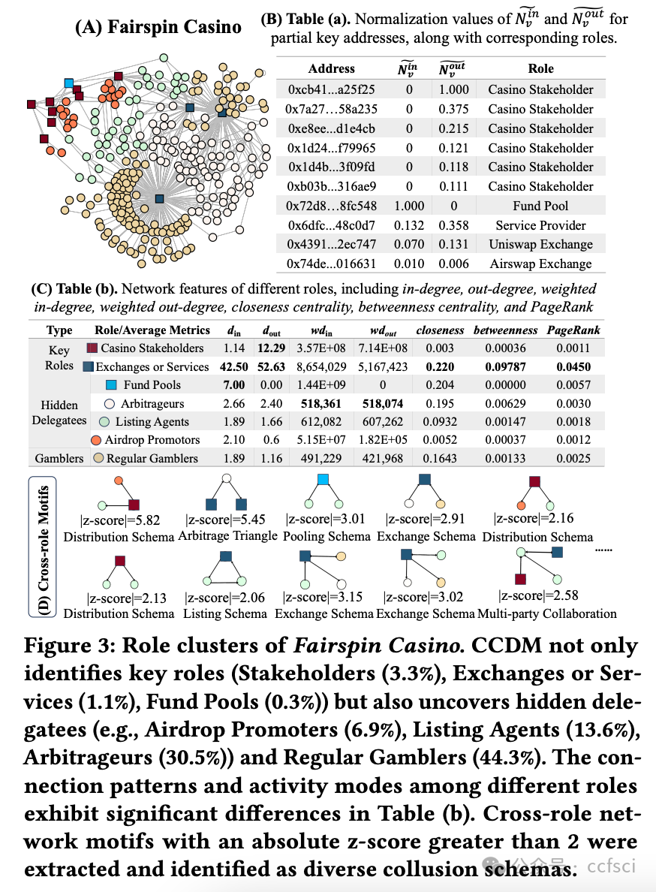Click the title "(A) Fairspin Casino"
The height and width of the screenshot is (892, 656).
click(x=158, y=29)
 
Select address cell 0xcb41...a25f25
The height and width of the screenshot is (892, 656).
click(x=331, y=89)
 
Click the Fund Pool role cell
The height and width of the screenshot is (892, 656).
click(x=540, y=206)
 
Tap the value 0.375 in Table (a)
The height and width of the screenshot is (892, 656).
click(x=455, y=109)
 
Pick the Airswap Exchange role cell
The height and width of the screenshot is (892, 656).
click(x=540, y=264)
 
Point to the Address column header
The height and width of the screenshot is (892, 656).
click(x=331, y=68)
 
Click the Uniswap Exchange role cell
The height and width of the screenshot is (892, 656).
click(x=540, y=244)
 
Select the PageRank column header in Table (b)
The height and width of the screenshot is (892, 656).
click(x=573, y=330)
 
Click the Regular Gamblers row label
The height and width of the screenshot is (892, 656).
click(x=152, y=458)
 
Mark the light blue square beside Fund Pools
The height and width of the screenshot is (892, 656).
click(x=110, y=385)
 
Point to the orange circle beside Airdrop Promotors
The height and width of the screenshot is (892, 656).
click(x=96, y=440)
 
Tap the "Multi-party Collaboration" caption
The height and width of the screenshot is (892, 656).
click(x=547, y=613)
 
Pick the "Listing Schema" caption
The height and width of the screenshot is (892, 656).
click(x=224, y=613)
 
